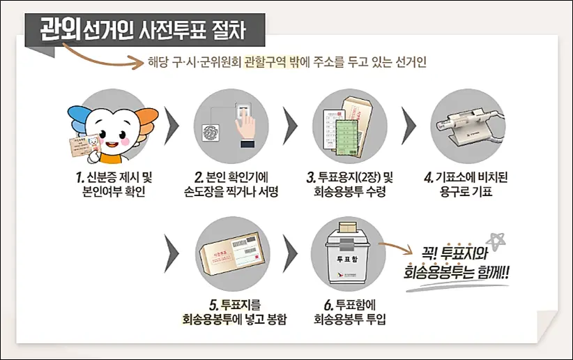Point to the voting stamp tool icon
coord(466,125)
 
